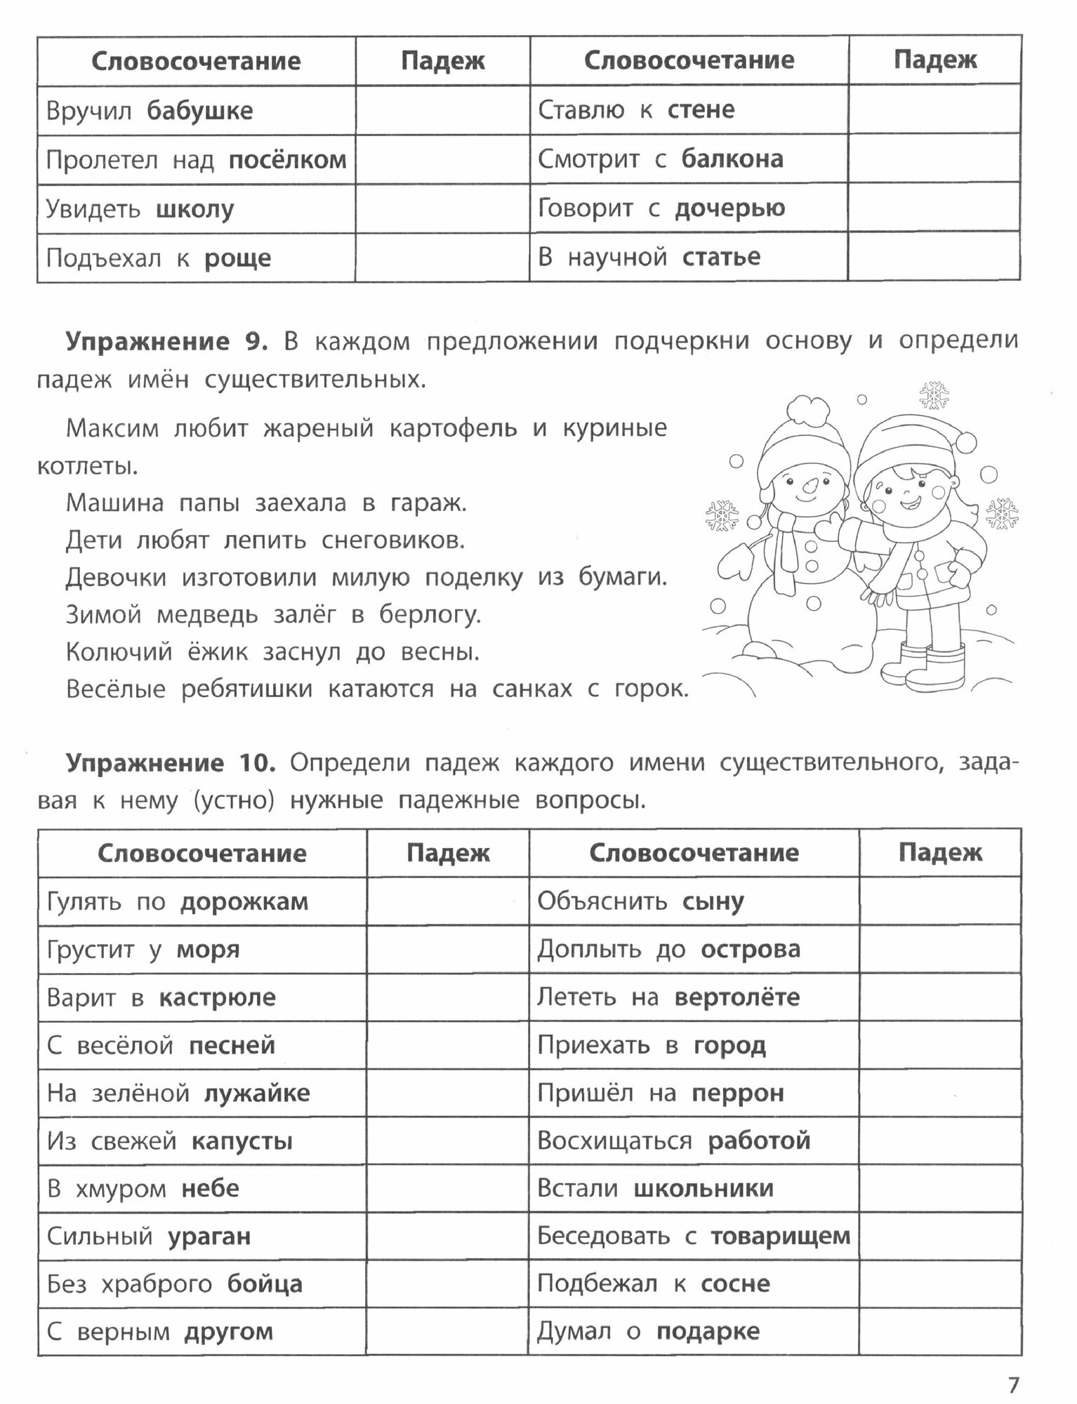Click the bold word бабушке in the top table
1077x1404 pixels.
(x=200, y=111)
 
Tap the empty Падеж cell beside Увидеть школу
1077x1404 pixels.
(x=442, y=209)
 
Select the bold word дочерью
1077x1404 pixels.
(x=729, y=208)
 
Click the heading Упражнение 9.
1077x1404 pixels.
(x=167, y=341)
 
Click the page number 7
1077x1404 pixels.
(x=1012, y=1385)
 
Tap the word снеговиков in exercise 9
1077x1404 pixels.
(x=393, y=541)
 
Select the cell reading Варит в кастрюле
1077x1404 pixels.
(x=161, y=998)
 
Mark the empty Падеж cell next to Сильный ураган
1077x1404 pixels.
(x=447, y=1236)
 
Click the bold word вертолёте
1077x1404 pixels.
(x=736, y=998)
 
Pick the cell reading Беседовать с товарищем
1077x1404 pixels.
(x=694, y=1236)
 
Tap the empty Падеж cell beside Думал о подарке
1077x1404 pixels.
(x=939, y=1332)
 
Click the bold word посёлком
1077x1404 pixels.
(x=288, y=161)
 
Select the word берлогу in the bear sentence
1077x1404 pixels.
(x=430, y=615)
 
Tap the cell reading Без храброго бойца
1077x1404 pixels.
(x=175, y=1284)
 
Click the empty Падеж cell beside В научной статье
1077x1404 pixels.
(x=934, y=257)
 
